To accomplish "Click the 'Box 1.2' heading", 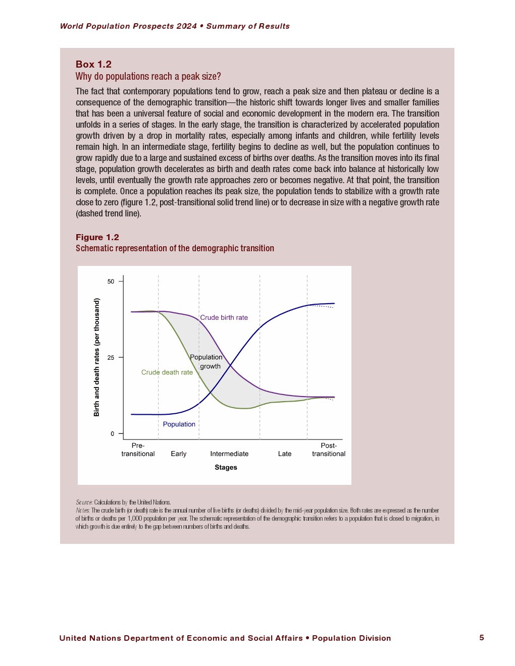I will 93,64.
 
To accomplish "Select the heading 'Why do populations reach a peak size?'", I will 148,76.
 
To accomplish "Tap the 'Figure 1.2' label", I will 97,237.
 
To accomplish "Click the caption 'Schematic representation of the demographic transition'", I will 175,248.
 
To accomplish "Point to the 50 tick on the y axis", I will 111,282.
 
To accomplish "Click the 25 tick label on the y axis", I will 111,358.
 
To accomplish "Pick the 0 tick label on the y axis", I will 113,434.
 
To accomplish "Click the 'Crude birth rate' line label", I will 224,317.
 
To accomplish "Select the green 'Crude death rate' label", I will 167,372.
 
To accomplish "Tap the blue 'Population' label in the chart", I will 179,424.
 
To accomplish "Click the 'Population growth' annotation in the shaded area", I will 207,362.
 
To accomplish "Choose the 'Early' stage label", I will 178,454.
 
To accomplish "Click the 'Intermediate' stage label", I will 229,454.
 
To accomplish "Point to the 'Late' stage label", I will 285,454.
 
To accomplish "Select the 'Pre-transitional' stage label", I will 138,450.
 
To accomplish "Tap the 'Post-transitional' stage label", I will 329,450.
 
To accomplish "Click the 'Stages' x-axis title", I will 226,467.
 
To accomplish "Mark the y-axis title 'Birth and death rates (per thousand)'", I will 96,357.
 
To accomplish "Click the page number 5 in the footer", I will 482,638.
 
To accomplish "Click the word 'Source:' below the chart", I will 84,503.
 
